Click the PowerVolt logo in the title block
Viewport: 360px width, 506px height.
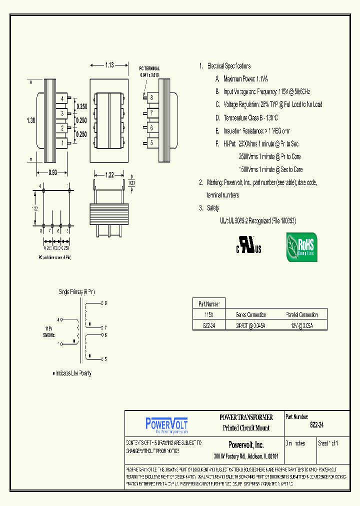pyautogui.click(x=166, y=424)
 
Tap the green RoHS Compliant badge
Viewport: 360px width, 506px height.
pyautogui.click(x=301, y=247)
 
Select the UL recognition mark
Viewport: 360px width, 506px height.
pyautogui.click(x=248, y=244)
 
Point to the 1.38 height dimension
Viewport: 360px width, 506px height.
pyautogui.click(x=30, y=120)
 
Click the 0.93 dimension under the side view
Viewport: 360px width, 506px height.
pyautogui.click(x=52, y=173)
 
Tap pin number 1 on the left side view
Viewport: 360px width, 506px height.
pyautogui.click(x=62, y=143)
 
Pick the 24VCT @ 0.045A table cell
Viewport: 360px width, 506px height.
pyautogui.click(x=250, y=325)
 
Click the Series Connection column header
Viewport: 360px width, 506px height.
pyautogui.click(x=250, y=314)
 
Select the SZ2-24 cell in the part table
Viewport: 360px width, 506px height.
pyautogui.click(x=209, y=325)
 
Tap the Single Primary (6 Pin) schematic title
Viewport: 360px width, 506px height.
pyautogui.click(x=76, y=291)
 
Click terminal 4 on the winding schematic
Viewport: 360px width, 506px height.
pyautogui.click(x=60, y=319)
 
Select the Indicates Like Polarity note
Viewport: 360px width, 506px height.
pyautogui.click(x=72, y=373)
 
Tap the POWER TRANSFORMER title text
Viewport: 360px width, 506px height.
pyautogui.click(x=246, y=417)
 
